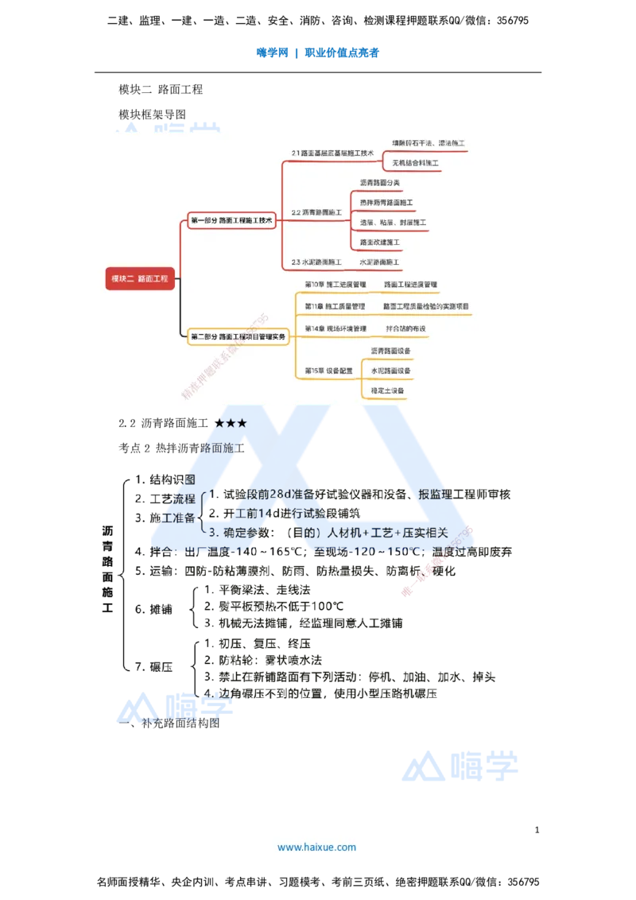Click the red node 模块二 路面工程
pos(140,278)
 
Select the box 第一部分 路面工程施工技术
pos(231,221)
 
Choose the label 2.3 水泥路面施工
pos(316,262)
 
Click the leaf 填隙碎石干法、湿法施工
pos(429,143)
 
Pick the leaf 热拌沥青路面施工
pos(386,203)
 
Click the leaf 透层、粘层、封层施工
pos(393,223)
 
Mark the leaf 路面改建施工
pos(379,242)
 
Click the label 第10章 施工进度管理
pos(335,284)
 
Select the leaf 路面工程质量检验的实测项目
pos(425,306)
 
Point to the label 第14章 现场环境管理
pos(335,328)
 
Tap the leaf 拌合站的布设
pos(405,328)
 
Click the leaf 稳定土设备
pos(387,390)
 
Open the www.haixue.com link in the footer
pos(316,848)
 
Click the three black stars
pos(231,424)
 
